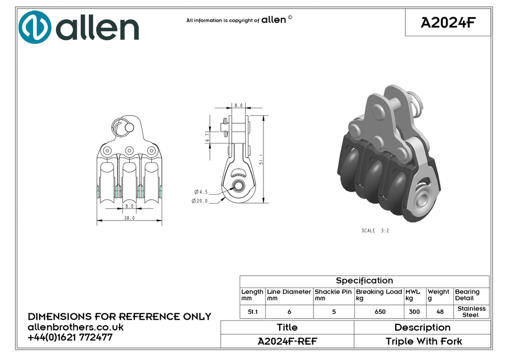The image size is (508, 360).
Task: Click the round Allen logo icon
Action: pos(35,27)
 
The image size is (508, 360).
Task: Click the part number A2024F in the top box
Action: pos(448,23)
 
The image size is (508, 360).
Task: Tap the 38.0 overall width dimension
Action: pos(129,218)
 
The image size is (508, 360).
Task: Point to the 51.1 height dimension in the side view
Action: pos(261,159)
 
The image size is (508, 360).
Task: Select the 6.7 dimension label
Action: pos(207,137)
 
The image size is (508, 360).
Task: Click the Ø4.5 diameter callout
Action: pos(201,192)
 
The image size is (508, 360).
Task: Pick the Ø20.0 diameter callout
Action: pos(199,201)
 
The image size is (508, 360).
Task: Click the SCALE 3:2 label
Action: pos(375,230)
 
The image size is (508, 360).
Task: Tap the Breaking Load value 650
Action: pos(380,312)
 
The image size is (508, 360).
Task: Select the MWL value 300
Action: pos(414,312)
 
